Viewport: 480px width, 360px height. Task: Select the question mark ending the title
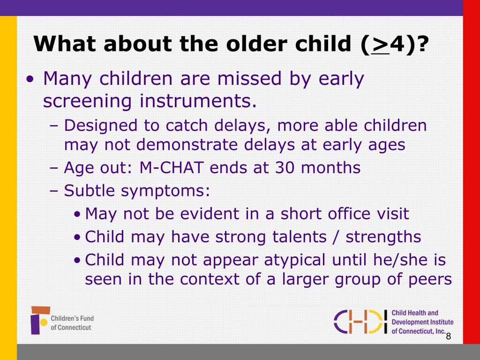coord(421,44)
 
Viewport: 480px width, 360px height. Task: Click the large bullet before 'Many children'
coord(30,80)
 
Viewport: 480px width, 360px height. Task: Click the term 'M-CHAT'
coord(172,167)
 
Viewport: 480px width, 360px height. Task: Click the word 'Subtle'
coord(90,190)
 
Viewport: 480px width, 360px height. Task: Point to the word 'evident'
coord(210,213)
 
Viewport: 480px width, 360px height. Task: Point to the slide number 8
coord(449,336)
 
